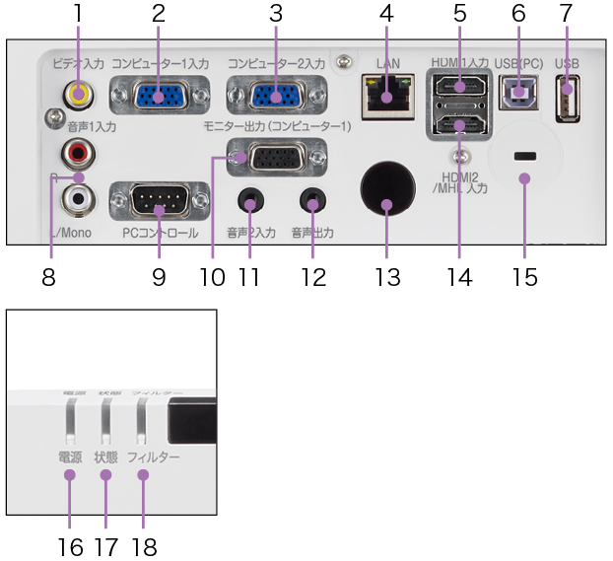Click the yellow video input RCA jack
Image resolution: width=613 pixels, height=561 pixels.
point(76,96)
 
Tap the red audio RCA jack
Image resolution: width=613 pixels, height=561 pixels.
point(76,153)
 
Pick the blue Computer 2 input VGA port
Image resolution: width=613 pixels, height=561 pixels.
point(276,96)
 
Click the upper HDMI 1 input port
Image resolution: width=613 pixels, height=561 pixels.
point(459,86)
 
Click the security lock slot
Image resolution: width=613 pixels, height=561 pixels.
point(524,157)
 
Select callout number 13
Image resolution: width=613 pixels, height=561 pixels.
point(387,276)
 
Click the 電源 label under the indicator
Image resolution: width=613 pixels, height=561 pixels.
point(70,458)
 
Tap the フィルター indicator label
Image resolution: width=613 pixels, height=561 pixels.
point(154,458)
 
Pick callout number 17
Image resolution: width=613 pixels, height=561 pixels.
point(106,545)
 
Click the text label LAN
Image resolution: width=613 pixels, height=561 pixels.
point(387,64)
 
